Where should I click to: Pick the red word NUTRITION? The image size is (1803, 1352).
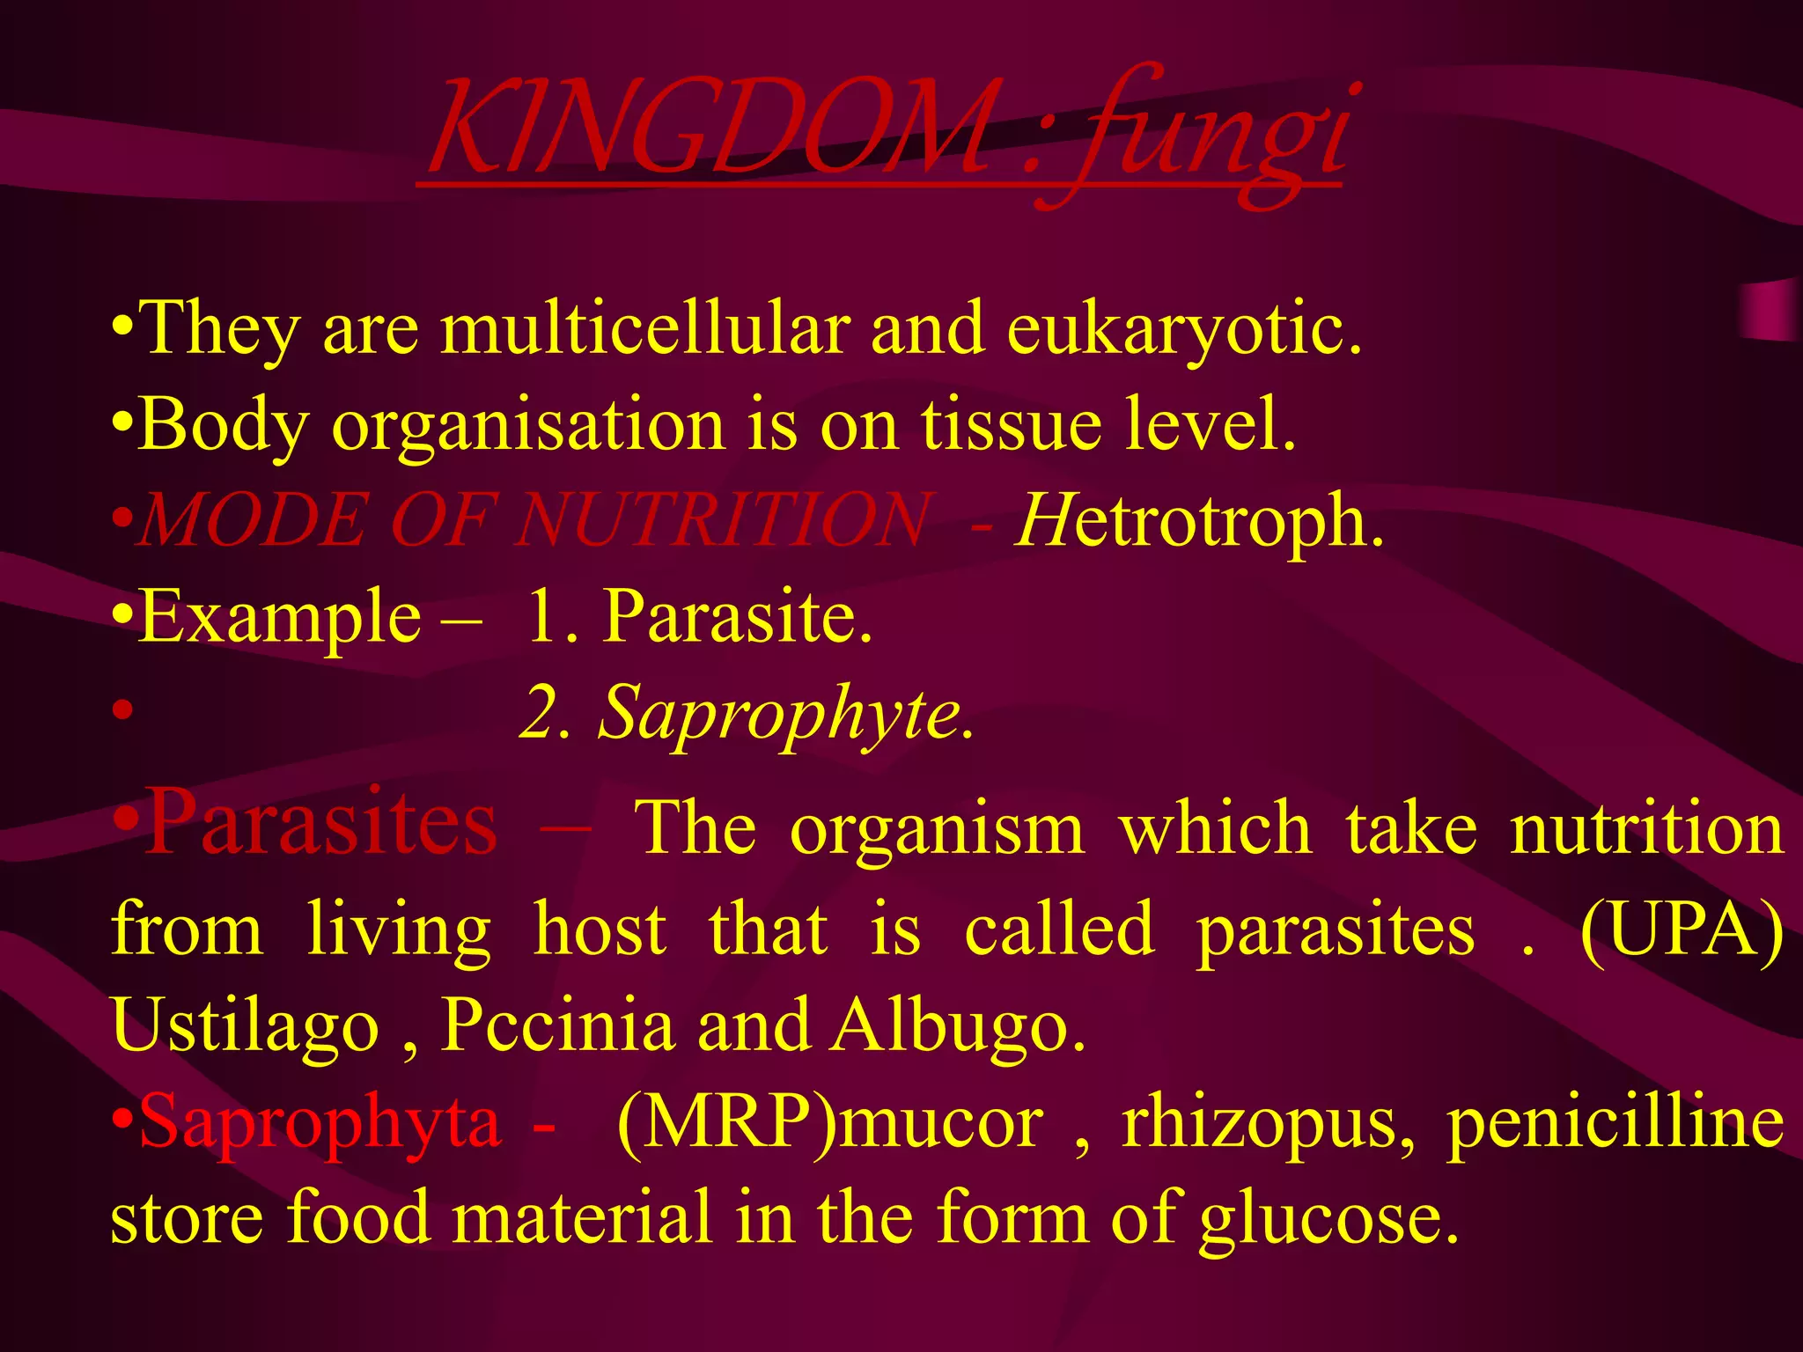click(723, 521)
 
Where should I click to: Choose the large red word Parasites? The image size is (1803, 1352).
click(320, 823)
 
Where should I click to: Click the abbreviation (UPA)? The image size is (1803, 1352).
click(1682, 929)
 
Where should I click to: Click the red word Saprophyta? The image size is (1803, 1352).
click(320, 1122)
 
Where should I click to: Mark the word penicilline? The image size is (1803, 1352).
click(1616, 1122)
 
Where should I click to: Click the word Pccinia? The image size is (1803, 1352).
click(556, 1025)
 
